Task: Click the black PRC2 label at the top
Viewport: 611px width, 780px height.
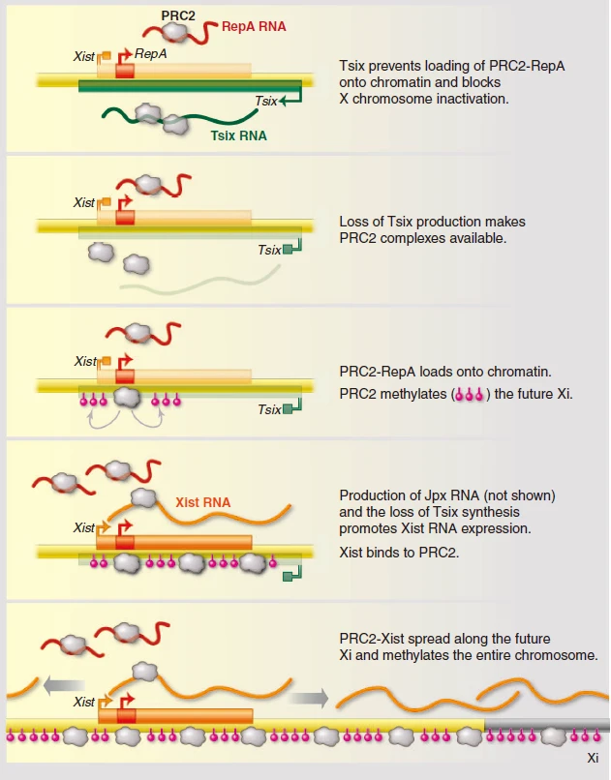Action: click(178, 15)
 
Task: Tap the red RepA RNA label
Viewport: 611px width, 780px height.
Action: click(254, 26)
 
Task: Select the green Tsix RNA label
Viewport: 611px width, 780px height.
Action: click(239, 135)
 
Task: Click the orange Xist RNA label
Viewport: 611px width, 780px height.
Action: click(203, 502)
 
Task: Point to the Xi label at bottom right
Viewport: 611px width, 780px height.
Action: click(593, 758)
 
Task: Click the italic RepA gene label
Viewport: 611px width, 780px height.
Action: click(151, 54)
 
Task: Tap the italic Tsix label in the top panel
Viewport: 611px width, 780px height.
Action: click(265, 101)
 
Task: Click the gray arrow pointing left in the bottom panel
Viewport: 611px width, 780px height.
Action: click(64, 686)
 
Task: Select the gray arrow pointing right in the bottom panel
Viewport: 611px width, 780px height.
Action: click(309, 698)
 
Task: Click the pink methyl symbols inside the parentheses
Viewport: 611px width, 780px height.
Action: click(470, 395)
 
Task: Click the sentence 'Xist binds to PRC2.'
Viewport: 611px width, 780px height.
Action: click(399, 553)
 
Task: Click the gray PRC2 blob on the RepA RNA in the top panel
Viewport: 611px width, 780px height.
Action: click(176, 32)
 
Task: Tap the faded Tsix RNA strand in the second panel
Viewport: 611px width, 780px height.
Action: click(200, 281)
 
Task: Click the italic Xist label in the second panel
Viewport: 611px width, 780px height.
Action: click(83, 202)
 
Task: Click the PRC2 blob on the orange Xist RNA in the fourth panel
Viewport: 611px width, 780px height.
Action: click(144, 498)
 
